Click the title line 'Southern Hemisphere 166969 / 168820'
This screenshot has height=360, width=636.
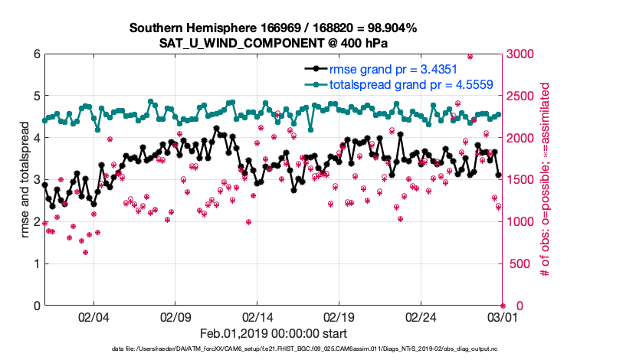[x=273, y=28]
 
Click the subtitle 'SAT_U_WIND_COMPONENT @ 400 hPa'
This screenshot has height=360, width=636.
[x=274, y=43]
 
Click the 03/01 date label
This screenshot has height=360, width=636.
[x=502, y=316]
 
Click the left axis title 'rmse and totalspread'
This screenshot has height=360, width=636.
[x=23, y=180]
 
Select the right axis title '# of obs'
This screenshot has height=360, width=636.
[x=546, y=180]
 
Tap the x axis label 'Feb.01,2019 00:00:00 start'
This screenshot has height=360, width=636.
[x=274, y=333]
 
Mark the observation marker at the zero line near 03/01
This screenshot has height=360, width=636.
[x=503, y=305]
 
